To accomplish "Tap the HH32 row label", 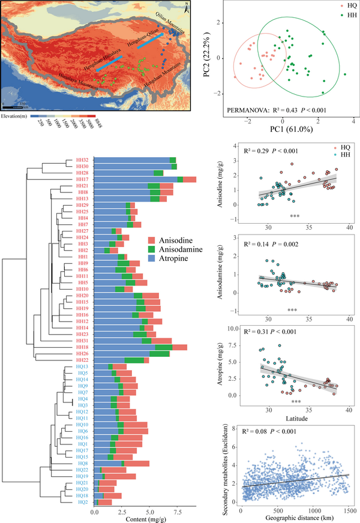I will (x=82, y=160).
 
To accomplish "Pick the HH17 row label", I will (x=82, y=179).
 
